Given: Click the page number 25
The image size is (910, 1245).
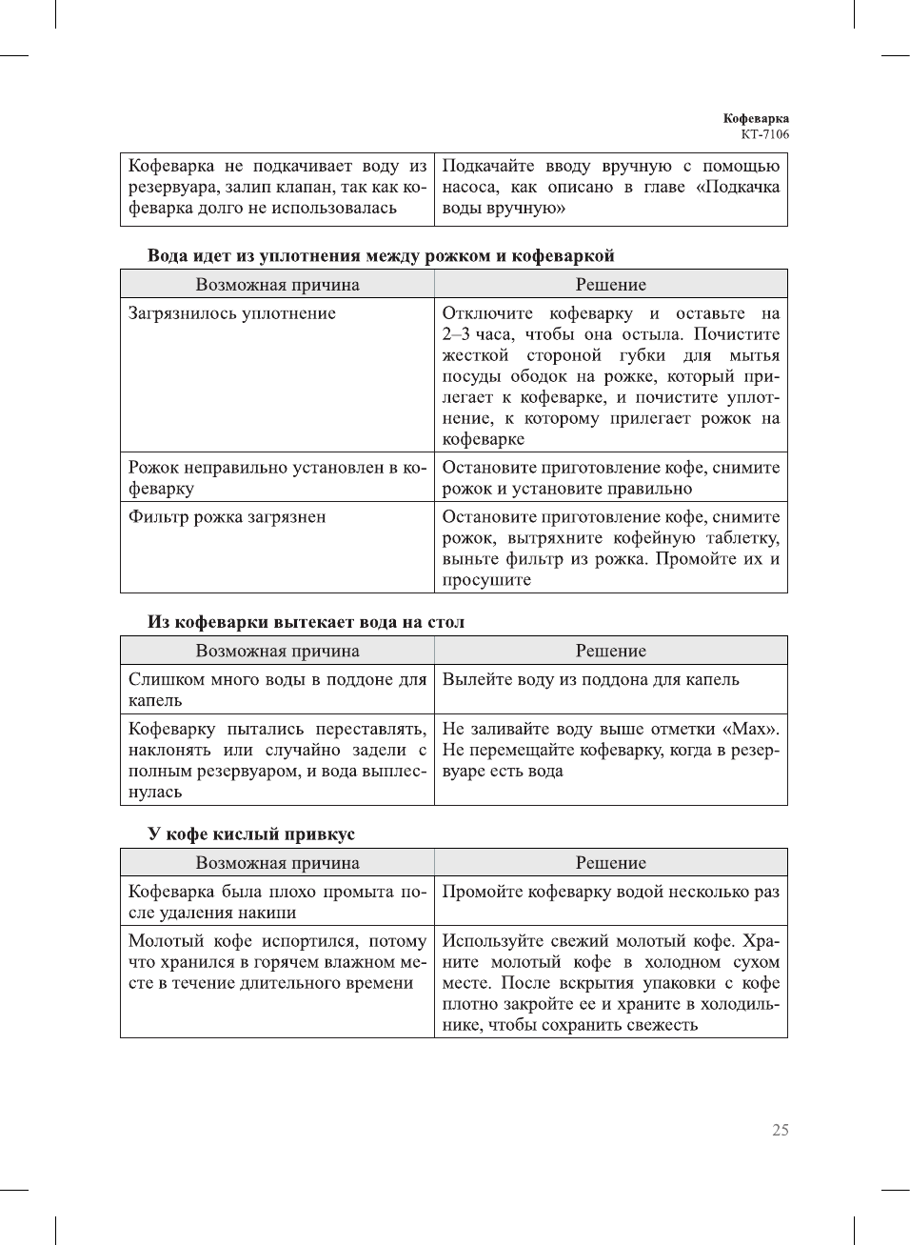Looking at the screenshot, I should point(780,1130).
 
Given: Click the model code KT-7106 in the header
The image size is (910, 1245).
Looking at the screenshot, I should point(764,134).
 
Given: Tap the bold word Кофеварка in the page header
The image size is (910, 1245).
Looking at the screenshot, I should point(756,118).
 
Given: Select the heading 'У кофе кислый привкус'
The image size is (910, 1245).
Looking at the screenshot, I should point(250,833).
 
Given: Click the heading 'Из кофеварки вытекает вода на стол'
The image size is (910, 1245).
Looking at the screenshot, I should point(306,622).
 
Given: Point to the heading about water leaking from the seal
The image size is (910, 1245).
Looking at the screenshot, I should point(380,255).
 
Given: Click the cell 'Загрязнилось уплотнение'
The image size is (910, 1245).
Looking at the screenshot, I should point(232,313).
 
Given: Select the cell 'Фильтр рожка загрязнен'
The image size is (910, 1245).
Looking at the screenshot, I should point(227,517).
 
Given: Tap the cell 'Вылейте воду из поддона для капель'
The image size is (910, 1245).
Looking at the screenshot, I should point(590,679).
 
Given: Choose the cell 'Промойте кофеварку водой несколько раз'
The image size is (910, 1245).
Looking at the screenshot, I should point(610,892).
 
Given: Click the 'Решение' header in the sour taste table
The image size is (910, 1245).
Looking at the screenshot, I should point(610,863).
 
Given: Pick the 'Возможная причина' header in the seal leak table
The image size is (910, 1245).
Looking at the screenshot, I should point(277,285).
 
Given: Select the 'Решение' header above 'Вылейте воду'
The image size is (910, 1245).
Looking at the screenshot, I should point(610,652).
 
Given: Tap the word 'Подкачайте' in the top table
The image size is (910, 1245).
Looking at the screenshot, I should point(488,166).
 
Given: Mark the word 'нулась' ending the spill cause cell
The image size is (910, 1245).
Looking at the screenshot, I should point(155,792).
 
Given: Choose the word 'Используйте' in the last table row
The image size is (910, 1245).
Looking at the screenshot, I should point(491,941).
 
